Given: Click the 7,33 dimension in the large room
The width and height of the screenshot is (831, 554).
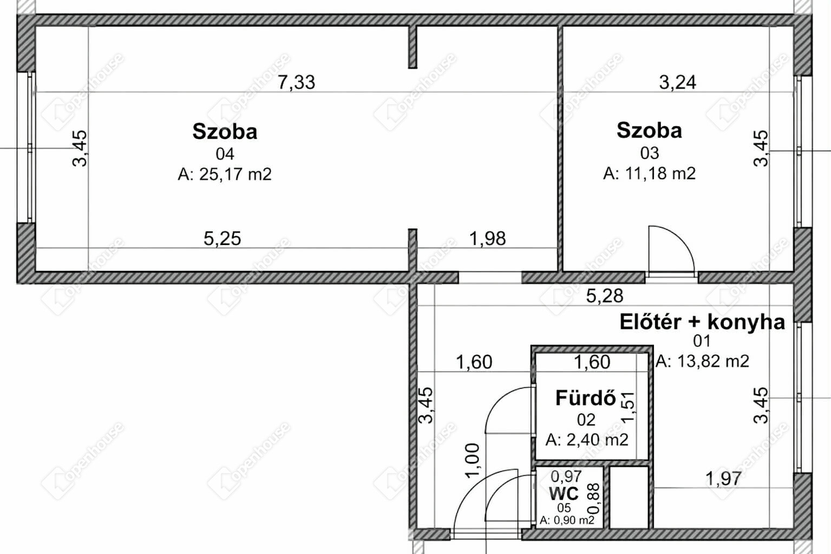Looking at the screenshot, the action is tap(297, 82).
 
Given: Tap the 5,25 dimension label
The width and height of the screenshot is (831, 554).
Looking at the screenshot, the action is tap(222, 239).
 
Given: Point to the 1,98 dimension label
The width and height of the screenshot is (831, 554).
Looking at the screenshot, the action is tap(487, 239).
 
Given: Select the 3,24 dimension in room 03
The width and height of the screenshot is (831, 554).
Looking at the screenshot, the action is tap(677, 82).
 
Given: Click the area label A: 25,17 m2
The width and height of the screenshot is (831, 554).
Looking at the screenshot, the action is tap(225, 174).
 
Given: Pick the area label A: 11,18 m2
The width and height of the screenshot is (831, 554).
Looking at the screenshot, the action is tap(649, 173).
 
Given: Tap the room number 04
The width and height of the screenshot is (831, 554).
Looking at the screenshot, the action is tap(225, 154).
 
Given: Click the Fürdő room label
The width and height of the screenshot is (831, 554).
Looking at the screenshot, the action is tap(586, 398).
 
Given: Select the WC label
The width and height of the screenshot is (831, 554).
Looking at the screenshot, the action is tap(564, 493).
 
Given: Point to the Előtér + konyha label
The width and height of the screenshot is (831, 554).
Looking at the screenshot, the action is tap(702, 322).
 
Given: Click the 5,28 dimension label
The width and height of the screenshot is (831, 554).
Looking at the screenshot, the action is tap(605, 296).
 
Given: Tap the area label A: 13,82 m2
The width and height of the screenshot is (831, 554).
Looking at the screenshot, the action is tap(702, 361).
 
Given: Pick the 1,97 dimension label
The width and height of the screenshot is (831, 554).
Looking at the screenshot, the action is tap(723, 478).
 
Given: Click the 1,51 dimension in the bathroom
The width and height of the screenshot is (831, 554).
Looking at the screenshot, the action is tap(627, 407).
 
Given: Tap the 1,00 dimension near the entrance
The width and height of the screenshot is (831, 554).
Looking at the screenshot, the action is tap(472, 460).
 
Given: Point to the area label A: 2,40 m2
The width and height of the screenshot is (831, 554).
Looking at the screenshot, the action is tap(587, 440).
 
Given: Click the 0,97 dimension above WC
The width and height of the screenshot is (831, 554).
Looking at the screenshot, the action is tap(566, 476).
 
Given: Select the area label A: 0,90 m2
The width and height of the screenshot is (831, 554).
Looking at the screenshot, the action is tap(567, 520).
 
